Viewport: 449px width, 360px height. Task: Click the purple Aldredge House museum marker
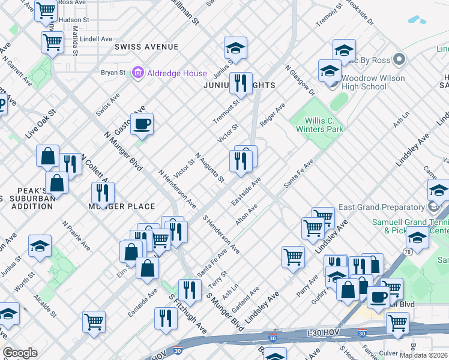click(139, 73)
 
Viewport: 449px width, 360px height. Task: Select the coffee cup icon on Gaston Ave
click(142, 124)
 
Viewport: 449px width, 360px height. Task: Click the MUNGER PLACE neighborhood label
click(122, 206)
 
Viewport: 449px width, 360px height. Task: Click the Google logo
click(20, 353)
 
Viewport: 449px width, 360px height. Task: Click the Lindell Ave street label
click(96, 39)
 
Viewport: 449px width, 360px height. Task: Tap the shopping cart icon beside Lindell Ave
click(52, 42)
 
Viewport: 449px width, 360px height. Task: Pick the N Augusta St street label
click(209, 168)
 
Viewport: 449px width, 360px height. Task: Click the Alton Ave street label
click(246, 215)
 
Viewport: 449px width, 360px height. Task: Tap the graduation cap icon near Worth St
click(40, 247)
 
